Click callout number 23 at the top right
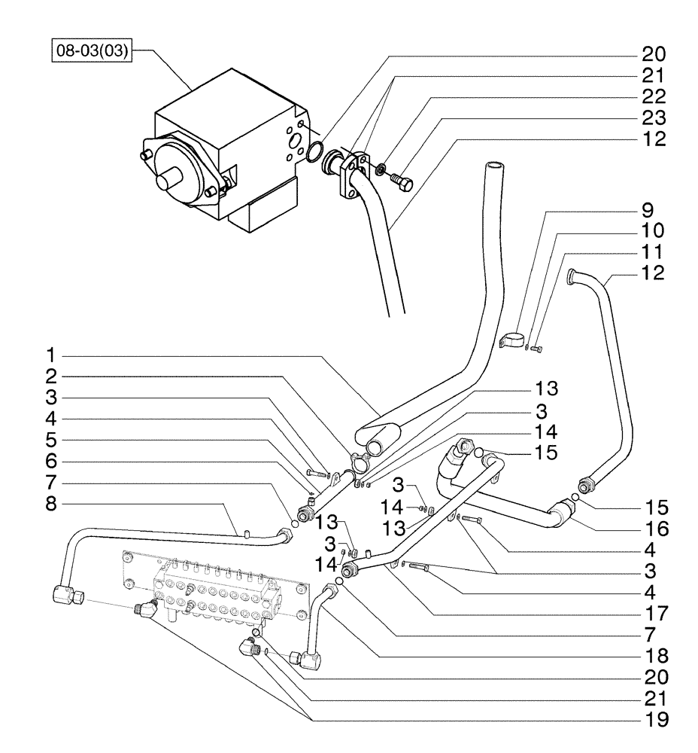click(654, 118)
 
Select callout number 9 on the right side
click(647, 209)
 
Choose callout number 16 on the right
click(653, 525)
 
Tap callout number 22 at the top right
click(654, 97)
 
